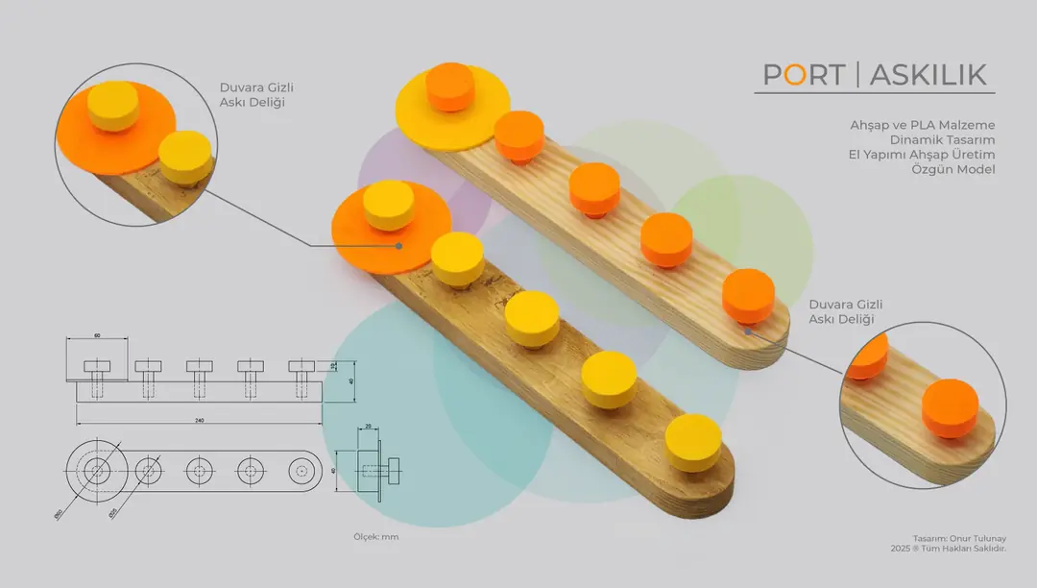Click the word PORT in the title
coord(804,75)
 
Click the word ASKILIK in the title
coord(928,75)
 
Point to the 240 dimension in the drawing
coord(198,420)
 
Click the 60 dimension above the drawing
coord(97,335)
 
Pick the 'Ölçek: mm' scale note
coord(376,536)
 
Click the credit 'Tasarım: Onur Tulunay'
coord(959,538)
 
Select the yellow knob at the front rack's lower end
coord(692,440)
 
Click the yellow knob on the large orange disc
coord(389,205)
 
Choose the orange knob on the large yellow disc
coord(449,86)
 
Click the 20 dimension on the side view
coord(368,426)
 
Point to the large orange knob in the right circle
coord(950,407)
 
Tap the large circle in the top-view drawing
coord(96,471)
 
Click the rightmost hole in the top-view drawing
coord(301,471)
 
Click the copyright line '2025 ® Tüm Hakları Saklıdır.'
coord(948,548)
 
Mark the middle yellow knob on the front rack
coord(532,318)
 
